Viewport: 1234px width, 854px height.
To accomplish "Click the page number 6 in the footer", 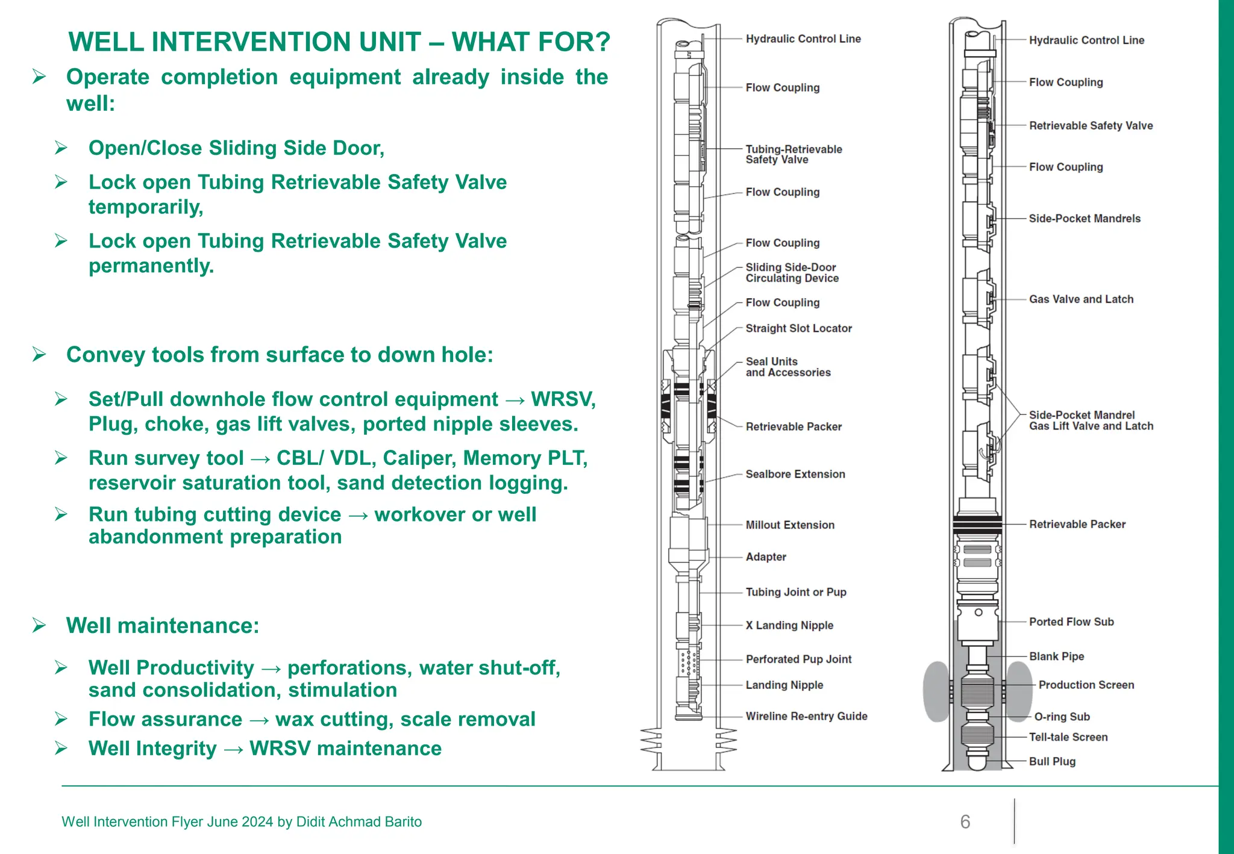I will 965,821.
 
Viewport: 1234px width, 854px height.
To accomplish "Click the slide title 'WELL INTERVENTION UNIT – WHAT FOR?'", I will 339,42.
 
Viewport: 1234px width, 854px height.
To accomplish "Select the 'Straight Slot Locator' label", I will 798,328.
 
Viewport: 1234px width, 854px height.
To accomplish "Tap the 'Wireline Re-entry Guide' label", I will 806,716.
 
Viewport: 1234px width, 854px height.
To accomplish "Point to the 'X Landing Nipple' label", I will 789,625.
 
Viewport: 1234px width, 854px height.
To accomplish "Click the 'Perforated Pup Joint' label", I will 798,659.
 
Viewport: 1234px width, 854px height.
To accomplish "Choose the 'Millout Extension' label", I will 790,525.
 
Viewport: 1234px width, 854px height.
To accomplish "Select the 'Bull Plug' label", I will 1052,761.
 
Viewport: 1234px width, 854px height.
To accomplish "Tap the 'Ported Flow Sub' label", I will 1071,622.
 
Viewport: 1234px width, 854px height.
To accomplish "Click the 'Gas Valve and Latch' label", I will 1081,299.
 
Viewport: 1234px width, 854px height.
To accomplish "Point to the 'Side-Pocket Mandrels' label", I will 1085,219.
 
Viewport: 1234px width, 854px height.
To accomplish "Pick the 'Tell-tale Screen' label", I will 1068,737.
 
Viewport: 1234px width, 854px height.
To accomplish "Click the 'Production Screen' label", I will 1086,685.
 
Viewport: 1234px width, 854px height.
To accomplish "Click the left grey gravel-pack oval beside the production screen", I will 937,691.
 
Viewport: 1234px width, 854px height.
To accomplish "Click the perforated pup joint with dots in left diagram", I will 688,661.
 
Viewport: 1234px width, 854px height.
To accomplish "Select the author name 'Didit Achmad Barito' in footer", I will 359,821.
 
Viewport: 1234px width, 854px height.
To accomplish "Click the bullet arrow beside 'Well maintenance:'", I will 40,626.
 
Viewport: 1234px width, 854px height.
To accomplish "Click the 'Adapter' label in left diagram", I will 766,557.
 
